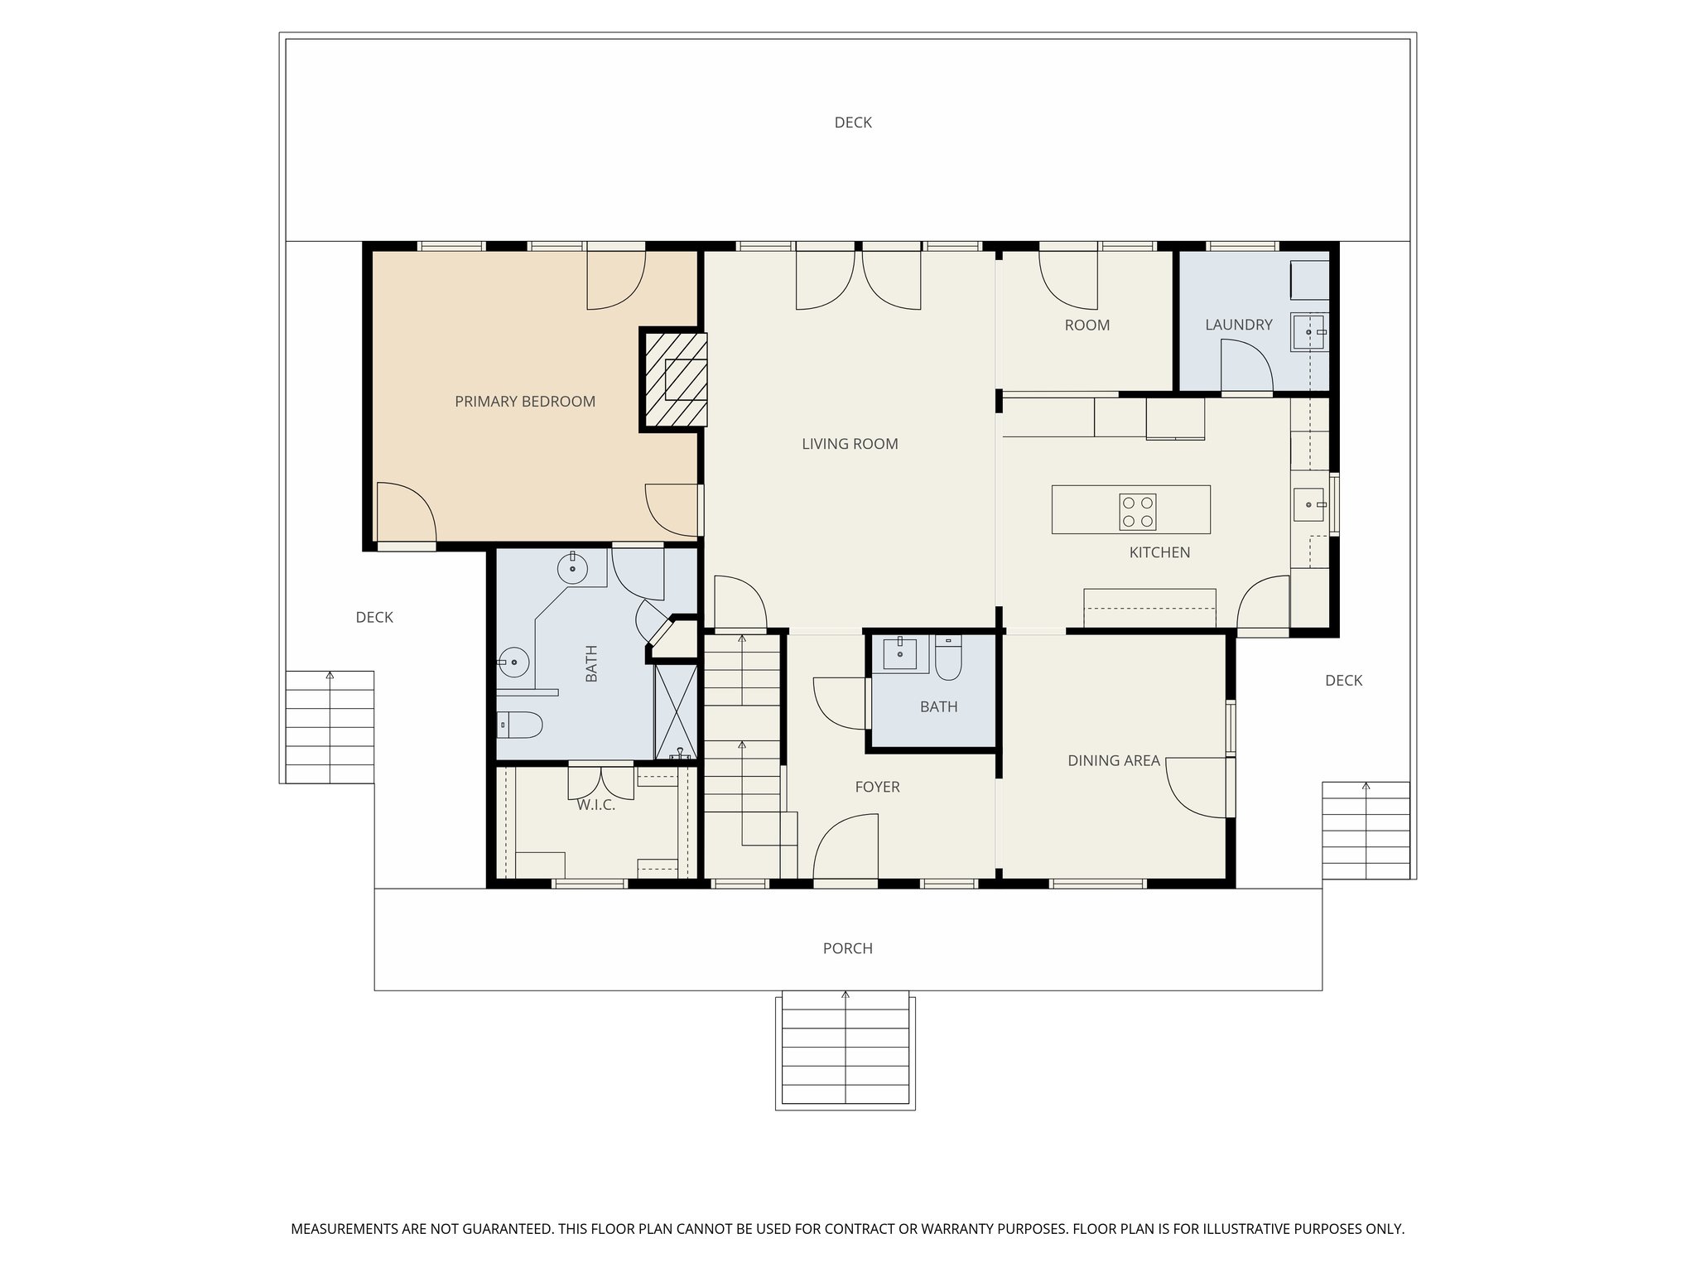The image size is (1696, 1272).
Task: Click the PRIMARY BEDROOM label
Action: click(x=525, y=402)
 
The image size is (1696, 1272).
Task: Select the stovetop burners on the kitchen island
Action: click(x=1138, y=512)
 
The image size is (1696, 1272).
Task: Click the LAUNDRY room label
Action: click(x=1238, y=325)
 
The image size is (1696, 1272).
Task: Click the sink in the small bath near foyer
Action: click(x=899, y=653)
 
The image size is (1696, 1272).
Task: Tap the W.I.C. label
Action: click(x=595, y=805)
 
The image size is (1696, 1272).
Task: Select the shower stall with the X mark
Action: click(x=677, y=712)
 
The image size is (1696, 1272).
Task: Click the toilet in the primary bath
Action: click(x=519, y=725)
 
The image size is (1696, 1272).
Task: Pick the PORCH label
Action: click(x=847, y=948)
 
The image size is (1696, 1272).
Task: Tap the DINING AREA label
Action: click(x=1113, y=760)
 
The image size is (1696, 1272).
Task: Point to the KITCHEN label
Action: click(x=1159, y=552)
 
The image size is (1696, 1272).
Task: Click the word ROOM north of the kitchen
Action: click(x=1086, y=325)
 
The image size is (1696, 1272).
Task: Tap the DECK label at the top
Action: click(x=852, y=123)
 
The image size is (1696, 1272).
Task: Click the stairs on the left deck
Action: click(x=330, y=727)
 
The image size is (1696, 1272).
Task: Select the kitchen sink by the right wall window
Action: click(x=1309, y=504)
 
